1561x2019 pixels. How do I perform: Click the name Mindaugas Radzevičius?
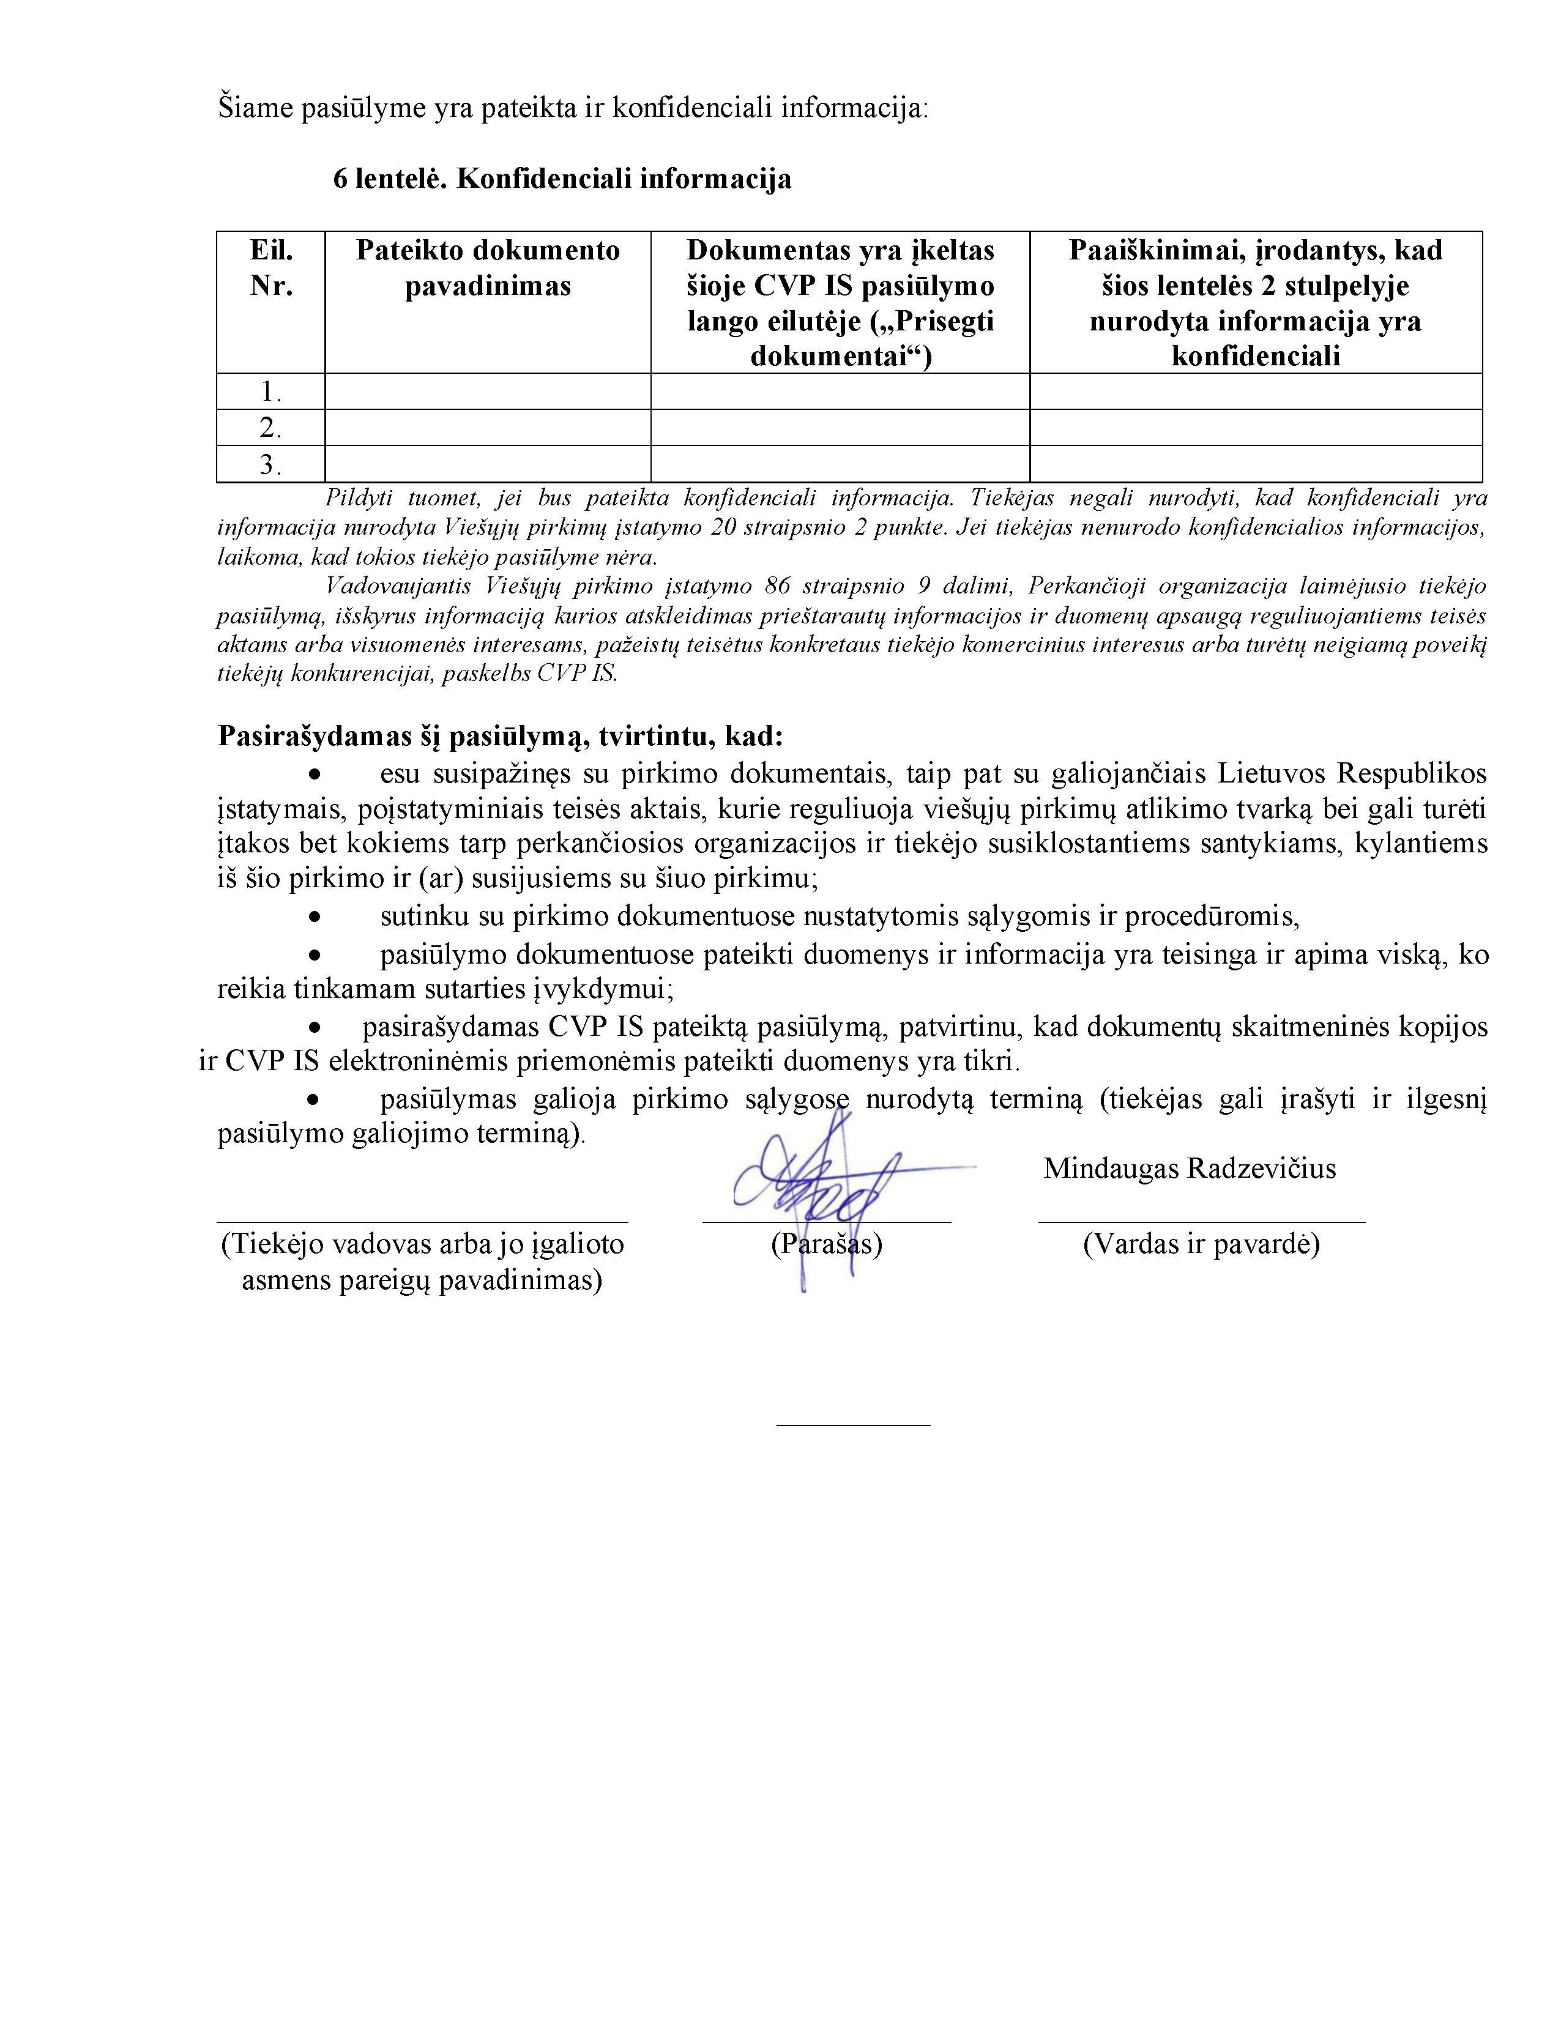(x=1189, y=1169)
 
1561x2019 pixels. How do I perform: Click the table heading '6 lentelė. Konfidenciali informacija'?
(x=562, y=179)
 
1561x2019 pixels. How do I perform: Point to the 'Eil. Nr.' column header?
(x=271, y=268)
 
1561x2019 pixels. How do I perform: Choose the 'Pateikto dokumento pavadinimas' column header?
(x=487, y=268)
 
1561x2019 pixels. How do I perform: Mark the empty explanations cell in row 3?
(x=1255, y=464)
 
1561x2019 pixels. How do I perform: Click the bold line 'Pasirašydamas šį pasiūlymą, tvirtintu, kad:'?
(x=501, y=737)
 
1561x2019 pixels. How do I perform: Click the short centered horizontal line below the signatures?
(x=852, y=1424)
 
